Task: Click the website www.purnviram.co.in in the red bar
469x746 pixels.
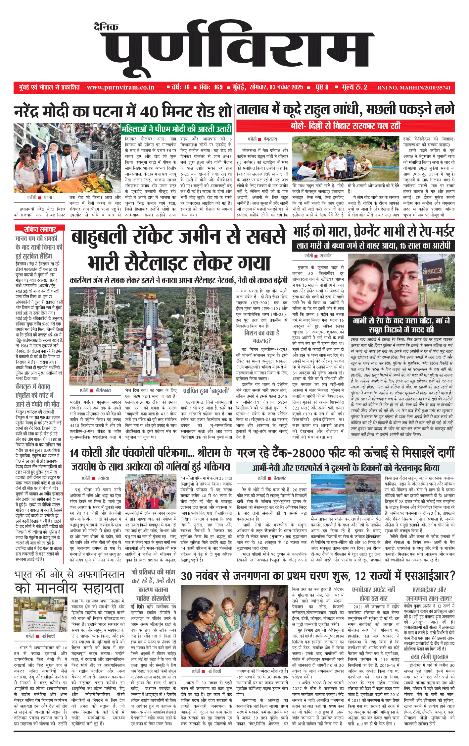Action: pos(120,87)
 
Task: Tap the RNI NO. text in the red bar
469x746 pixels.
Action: pos(414,88)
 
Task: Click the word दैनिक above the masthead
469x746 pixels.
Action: pos(106,27)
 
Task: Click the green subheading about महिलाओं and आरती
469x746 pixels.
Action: pos(176,129)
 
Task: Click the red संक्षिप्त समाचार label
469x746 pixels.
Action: pos(39,229)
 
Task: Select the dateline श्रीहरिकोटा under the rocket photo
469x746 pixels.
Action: pos(103,391)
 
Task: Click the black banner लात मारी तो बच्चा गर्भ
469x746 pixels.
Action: pos(373,246)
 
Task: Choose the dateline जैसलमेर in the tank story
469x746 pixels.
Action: pos(280,478)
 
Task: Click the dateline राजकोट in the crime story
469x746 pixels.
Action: pos(325,256)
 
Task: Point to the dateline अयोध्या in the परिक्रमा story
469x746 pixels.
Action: pos(103,478)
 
